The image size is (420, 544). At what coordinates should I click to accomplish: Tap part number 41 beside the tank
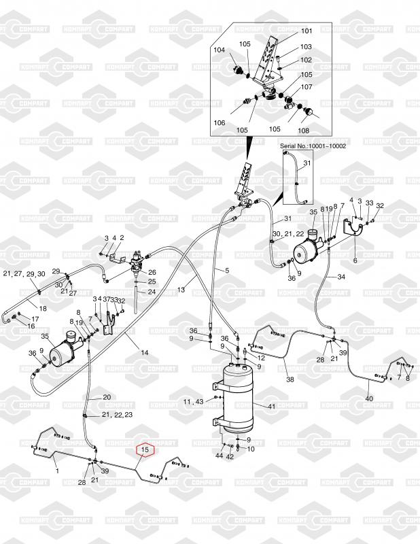click(270, 406)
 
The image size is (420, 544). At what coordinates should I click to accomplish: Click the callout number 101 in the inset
click(306, 31)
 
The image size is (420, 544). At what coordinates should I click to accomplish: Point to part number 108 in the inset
click(303, 131)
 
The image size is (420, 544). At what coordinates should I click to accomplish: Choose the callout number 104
click(219, 50)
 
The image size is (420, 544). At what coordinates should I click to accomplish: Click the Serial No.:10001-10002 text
click(313, 146)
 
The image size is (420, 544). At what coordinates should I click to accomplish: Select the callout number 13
click(181, 290)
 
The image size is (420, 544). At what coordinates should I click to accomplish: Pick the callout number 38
click(290, 379)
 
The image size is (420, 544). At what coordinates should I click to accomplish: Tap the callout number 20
click(106, 397)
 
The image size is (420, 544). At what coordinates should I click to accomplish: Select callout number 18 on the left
click(42, 308)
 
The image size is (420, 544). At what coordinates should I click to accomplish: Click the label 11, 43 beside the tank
click(194, 403)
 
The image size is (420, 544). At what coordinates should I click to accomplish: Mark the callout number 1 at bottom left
click(56, 471)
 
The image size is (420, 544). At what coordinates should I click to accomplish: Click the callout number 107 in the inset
click(307, 87)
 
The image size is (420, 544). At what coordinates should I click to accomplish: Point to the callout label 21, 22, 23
click(117, 414)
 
